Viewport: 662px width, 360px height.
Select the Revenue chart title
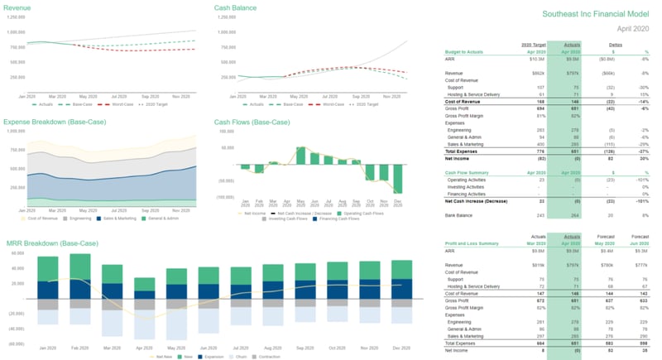(x=18, y=8)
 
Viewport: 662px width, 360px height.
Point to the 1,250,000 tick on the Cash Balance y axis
(x=223, y=17)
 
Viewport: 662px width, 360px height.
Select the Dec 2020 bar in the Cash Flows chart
(x=398, y=180)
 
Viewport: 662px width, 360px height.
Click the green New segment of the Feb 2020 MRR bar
(x=80, y=266)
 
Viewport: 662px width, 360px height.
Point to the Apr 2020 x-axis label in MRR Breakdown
(x=144, y=348)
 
